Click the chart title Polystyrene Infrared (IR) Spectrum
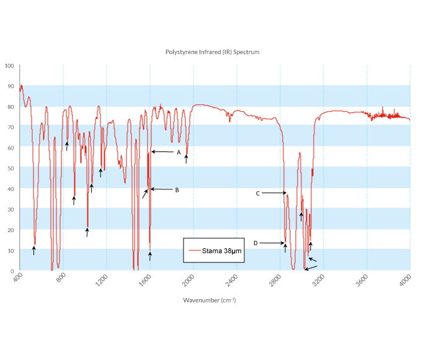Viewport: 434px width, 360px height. [212, 52]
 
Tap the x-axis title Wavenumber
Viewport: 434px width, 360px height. [210, 300]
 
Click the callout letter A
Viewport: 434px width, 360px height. [178, 152]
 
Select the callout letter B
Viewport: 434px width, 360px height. [177, 190]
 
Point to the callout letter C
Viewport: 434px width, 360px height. [257, 194]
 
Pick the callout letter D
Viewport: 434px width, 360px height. [255, 243]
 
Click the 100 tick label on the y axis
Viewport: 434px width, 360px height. [9, 66]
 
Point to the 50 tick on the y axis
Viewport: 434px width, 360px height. [11, 168]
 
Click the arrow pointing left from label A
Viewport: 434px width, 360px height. [162, 152]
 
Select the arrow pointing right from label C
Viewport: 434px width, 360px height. [273, 194]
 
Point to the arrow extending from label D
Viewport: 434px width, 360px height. [272, 243]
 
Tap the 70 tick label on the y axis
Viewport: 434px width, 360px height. [11, 127]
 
